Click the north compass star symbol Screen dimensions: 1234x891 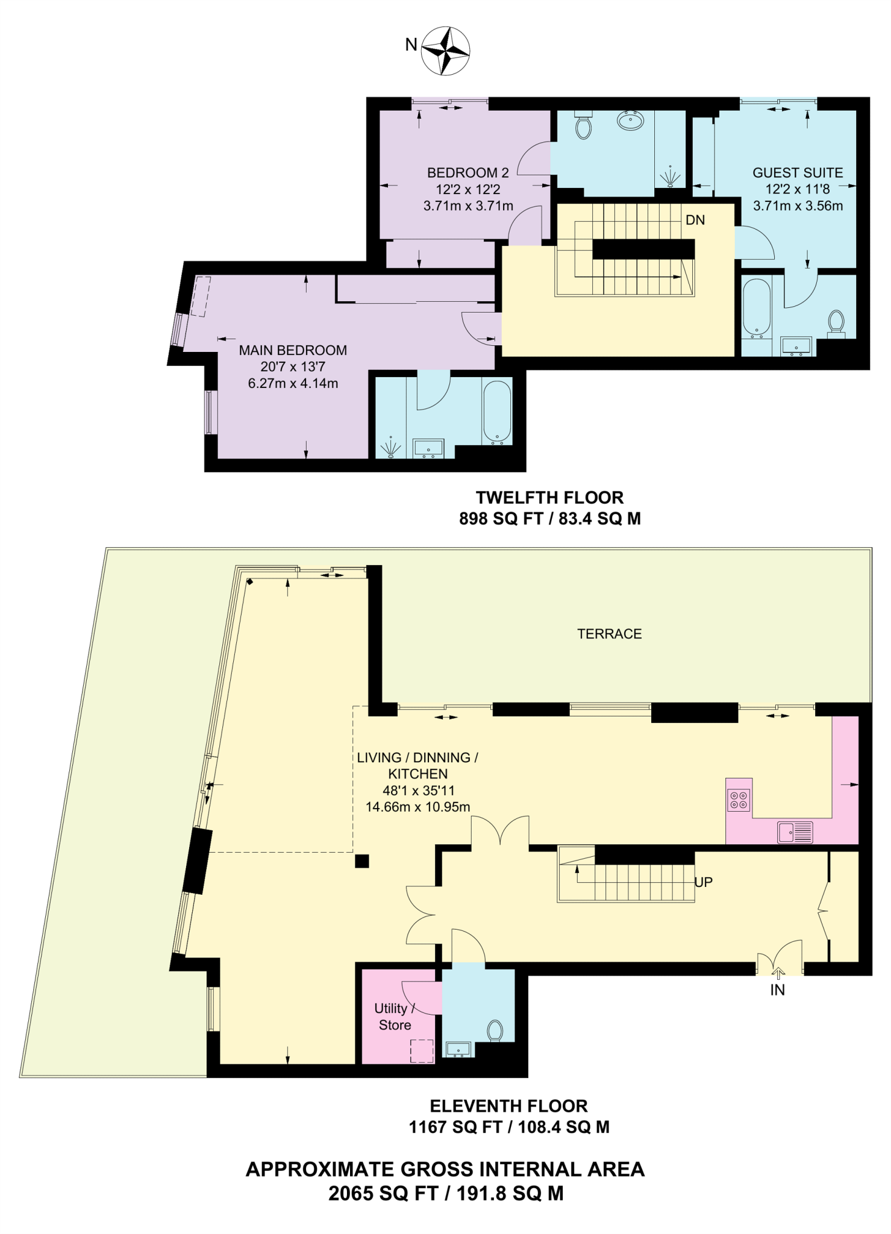coord(445,51)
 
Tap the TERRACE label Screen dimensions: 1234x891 coord(609,634)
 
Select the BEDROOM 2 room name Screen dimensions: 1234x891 coord(467,173)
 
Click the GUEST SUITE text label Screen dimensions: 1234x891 coord(797,173)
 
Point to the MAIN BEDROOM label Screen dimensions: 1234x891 coord(293,350)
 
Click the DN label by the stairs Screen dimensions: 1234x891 coord(695,221)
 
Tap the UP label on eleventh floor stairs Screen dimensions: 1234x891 coord(703,882)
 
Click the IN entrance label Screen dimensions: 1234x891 coord(777,990)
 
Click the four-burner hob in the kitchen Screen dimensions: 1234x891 coord(739,800)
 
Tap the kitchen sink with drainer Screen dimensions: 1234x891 coord(795,832)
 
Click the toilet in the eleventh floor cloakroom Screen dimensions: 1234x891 coord(495,1030)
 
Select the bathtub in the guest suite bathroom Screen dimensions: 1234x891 coord(757,308)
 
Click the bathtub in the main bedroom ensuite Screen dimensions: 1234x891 coord(497,412)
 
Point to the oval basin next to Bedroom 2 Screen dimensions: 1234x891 coord(631,121)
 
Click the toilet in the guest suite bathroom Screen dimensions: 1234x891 coord(836,322)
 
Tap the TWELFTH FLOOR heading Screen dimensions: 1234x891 coord(549,498)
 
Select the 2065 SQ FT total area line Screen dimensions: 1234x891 coord(445,1193)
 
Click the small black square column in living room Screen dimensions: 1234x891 coord(361,861)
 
